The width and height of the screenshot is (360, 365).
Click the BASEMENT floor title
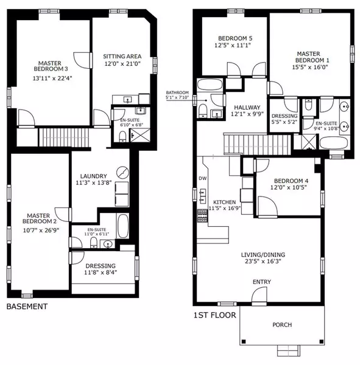tap(26, 307)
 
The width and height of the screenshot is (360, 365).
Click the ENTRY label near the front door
tap(263, 282)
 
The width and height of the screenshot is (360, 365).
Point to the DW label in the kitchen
tap(203, 178)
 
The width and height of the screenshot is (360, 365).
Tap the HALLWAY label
tap(247, 108)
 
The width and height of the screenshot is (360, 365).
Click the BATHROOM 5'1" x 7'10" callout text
tap(177, 96)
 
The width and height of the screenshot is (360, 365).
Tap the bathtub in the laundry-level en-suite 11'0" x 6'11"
tap(122, 226)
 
